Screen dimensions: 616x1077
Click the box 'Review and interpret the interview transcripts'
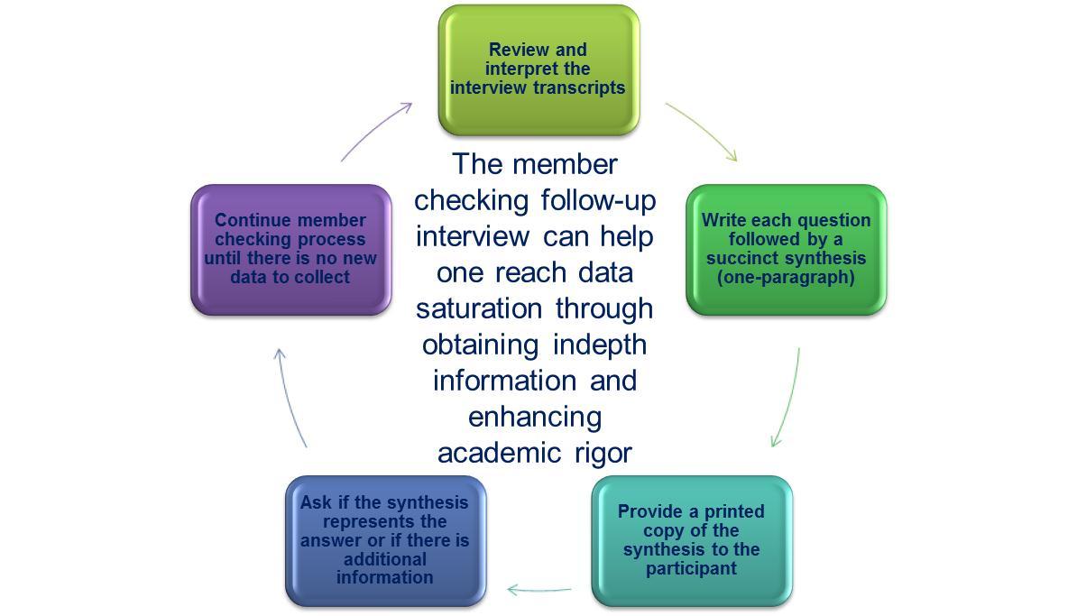tap(538, 70)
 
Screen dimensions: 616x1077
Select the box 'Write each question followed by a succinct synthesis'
tap(786, 250)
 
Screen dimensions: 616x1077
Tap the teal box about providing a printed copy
tap(691, 540)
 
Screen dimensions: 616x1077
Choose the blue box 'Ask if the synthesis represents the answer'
tap(385, 540)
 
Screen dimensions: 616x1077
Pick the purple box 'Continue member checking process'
tap(290, 250)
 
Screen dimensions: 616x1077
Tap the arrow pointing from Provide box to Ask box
tap(538, 590)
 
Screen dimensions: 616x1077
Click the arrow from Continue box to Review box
tap(376, 131)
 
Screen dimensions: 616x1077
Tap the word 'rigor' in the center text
tap(603, 453)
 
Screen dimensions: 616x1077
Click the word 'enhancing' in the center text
tap(534, 417)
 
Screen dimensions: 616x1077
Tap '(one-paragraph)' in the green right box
tap(786, 277)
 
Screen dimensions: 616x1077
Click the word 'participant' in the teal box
tap(691, 568)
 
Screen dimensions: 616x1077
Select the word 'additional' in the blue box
tap(385, 559)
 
